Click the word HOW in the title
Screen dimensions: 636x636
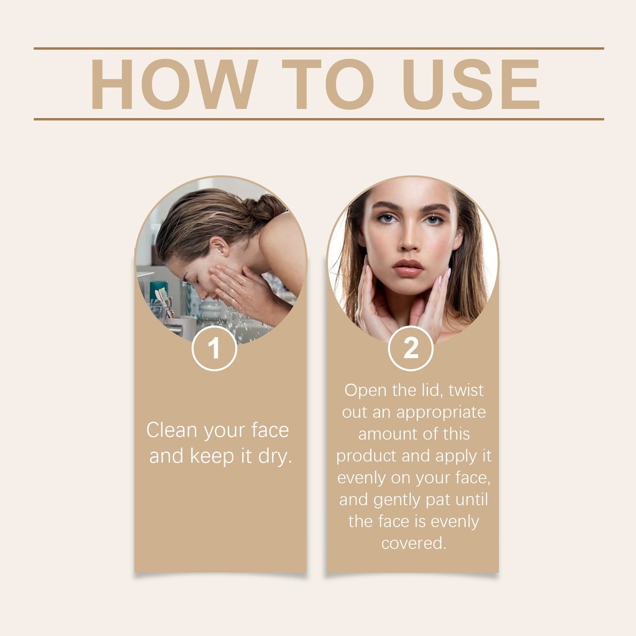click(174, 84)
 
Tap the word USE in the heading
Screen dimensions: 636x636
click(471, 84)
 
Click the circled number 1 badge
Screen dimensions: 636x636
click(214, 348)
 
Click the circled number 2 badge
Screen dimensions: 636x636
click(411, 348)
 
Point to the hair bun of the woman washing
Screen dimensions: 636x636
click(266, 207)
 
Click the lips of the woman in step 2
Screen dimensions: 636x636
click(408, 268)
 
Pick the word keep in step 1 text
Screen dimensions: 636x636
click(212, 457)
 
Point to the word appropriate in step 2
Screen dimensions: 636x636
click(441, 413)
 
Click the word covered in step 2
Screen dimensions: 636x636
click(413, 543)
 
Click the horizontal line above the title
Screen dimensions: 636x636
click(319, 48)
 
